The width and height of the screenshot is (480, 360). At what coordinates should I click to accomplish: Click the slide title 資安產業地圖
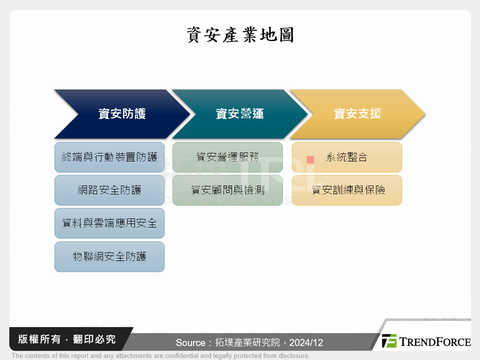click(240, 35)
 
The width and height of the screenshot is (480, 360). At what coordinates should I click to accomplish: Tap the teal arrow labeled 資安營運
click(239, 114)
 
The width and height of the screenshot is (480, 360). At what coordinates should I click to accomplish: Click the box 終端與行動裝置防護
click(109, 157)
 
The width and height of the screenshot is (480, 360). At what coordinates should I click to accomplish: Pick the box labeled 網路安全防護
click(109, 190)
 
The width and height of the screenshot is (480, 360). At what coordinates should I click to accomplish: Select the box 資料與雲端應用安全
click(109, 223)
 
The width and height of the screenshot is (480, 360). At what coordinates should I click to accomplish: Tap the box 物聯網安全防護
click(109, 256)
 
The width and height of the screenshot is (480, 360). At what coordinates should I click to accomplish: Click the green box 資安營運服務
click(227, 157)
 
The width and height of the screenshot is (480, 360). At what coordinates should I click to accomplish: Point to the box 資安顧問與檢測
click(227, 190)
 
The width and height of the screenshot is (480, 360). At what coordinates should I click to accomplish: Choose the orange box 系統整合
click(346, 157)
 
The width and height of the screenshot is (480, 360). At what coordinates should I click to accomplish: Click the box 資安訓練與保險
click(346, 190)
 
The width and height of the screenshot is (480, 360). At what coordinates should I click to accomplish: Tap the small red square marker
click(310, 159)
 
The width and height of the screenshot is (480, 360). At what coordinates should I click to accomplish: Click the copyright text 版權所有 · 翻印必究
click(66, 339)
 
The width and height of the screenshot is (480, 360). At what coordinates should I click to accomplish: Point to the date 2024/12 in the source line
click(305, 342)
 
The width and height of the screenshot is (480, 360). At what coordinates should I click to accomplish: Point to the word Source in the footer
click(190, 342)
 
